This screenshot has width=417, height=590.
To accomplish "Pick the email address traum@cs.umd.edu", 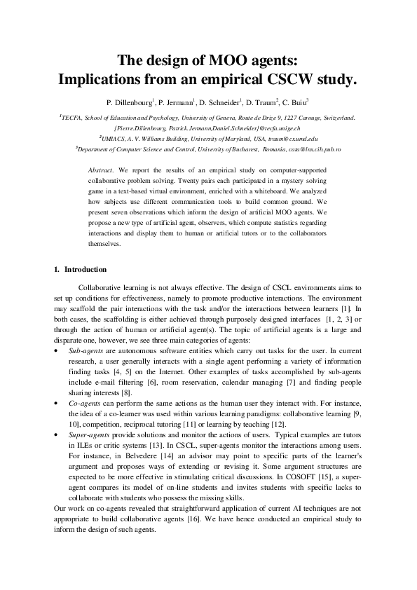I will (288, 139).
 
